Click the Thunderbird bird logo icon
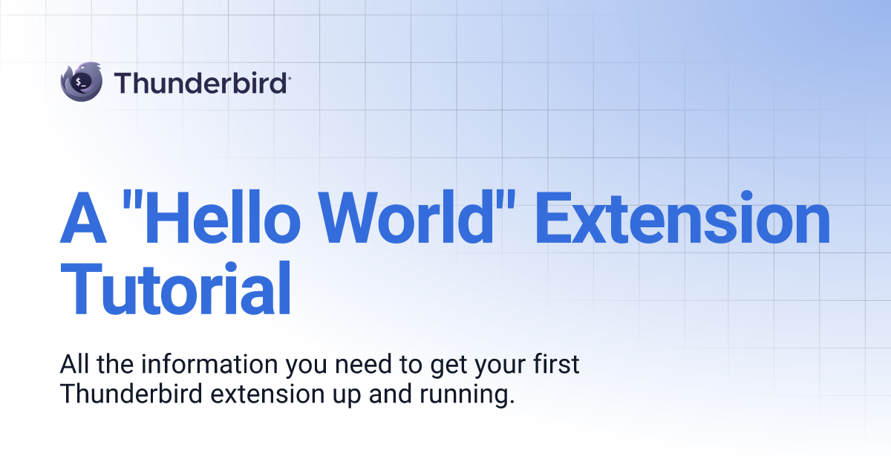pos(81,82)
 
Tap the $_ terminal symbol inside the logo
pos(81,82)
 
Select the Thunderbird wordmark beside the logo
pos(202,82)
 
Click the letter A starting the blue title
pos(83,218)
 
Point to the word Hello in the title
pos(223,217)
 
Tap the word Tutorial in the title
pos(175,288)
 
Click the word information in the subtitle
pos(209,364)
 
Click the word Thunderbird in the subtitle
pos(131,394)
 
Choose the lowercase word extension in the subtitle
pos(268,394)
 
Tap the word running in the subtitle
pos(467,397)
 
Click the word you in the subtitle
pos(306,368)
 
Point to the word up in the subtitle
pos(347,397)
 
